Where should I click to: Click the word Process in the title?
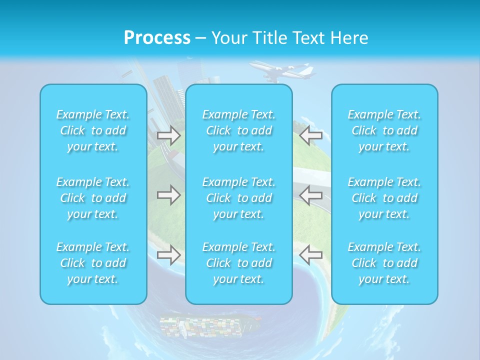157,38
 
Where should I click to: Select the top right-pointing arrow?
168,135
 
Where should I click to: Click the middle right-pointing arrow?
168,195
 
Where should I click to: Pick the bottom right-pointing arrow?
168,255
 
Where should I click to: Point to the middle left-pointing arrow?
310,195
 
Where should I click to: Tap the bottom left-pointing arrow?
310,255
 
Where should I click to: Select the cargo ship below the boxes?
210,325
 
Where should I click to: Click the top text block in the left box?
93,130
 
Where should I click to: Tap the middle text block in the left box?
93,198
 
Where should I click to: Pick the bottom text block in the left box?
93,263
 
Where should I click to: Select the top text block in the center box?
239,130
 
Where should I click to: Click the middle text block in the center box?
239,198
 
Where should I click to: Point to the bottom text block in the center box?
239,263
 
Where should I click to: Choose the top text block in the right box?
384,130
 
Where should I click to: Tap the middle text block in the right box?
384,198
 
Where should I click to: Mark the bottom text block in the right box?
384,263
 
